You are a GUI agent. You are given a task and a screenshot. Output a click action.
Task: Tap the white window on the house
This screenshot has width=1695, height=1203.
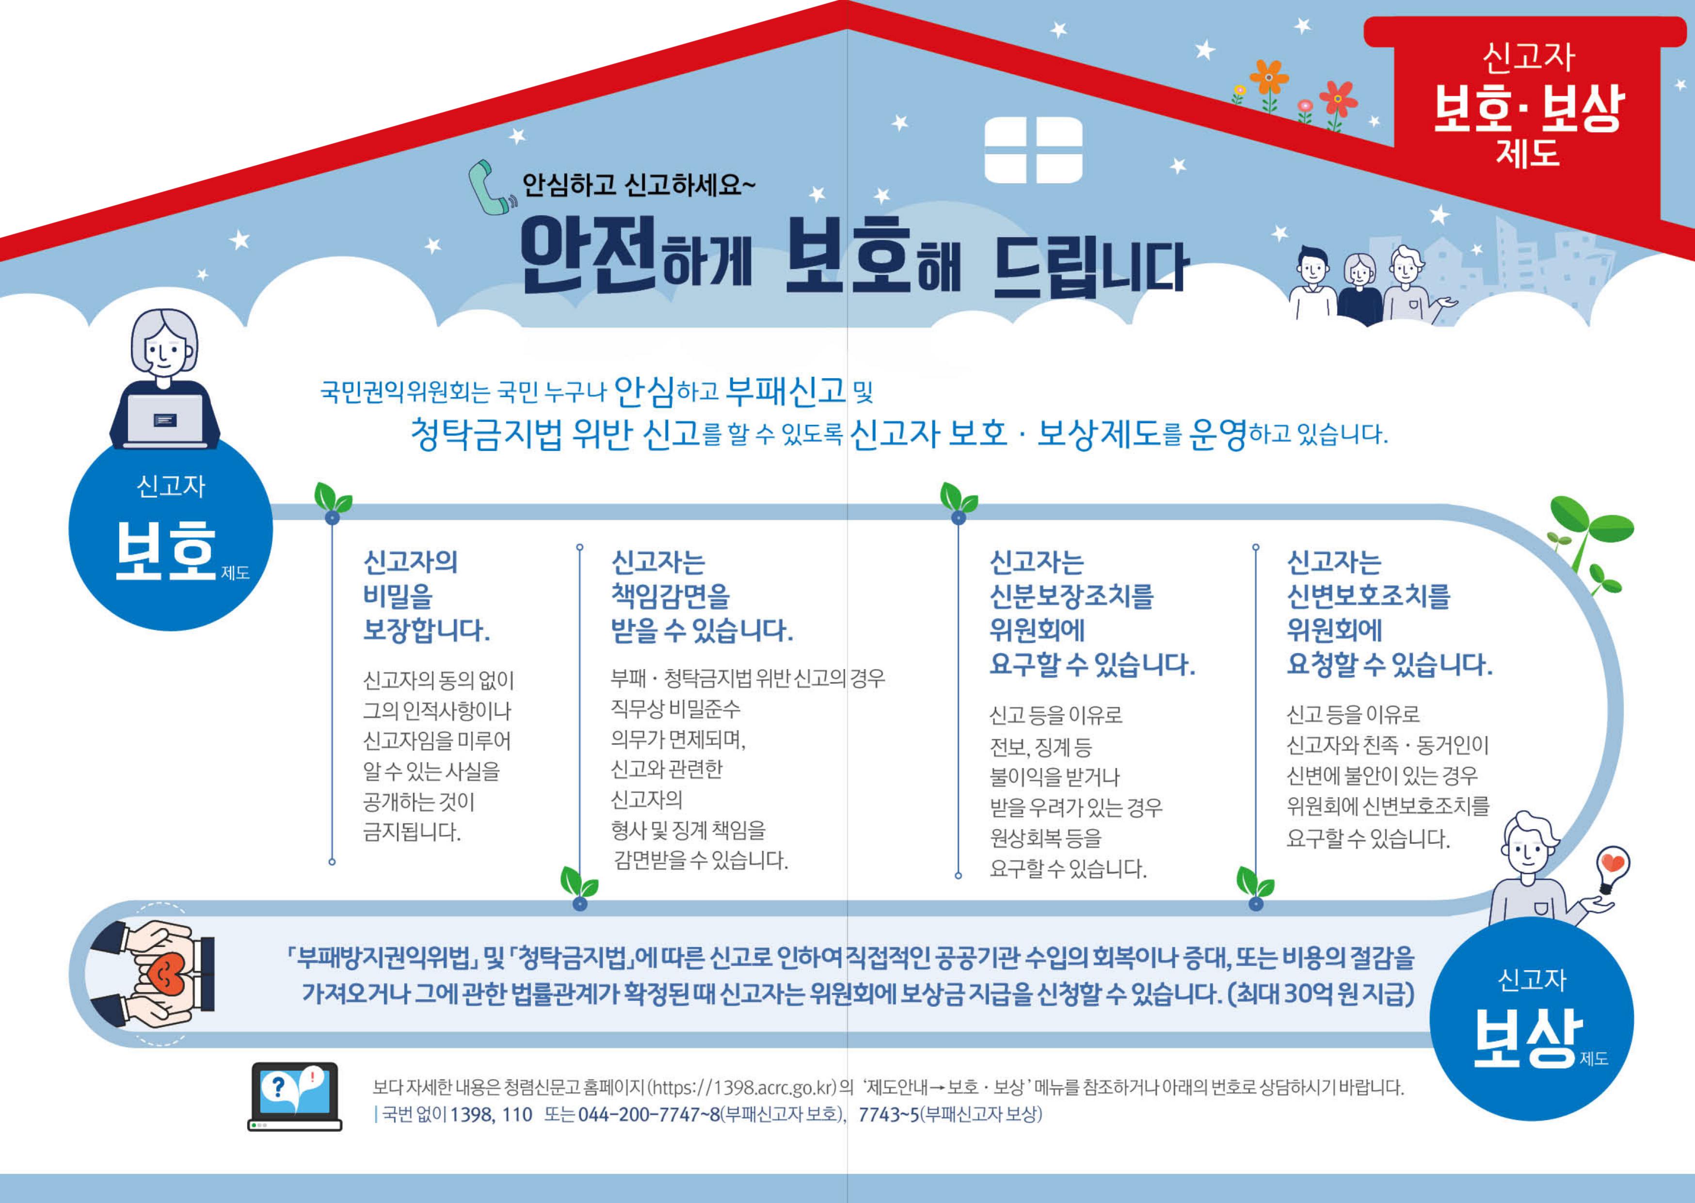click(1033, 150)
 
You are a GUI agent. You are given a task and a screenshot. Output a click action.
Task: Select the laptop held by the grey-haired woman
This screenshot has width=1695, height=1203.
click(166, 421)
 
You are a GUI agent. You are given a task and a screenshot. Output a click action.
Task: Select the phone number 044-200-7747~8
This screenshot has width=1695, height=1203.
click(649, 1114)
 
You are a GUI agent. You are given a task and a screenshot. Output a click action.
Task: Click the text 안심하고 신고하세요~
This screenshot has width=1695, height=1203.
click(639, 184)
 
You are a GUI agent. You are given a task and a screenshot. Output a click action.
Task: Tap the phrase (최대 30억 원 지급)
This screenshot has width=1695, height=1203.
click(1320, 994)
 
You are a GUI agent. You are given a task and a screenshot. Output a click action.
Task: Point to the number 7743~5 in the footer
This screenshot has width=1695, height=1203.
click(888, 1114)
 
